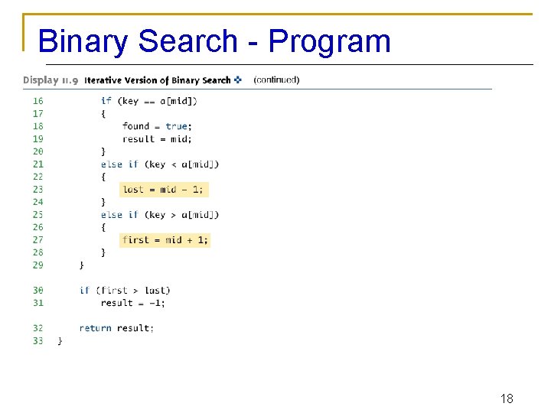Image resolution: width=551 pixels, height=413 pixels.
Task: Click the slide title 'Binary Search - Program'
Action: pyautogui.click(x=214, y=41)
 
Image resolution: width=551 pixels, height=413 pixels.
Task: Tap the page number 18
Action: pyautogui.click(x=506, y=398)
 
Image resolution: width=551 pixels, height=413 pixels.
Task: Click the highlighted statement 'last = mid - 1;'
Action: pyautogui.click(x=163, y=189)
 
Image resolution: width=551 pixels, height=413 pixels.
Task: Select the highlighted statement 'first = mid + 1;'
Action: pyautogui.click(x=165, y=239)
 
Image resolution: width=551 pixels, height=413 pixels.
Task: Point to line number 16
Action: pyautogui.click(x=37, y=100)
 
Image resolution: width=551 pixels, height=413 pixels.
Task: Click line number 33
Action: pyautogui.click(x=37, y=340)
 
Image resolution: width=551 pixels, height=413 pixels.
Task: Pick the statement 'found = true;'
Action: pyautogui.click(x=157, y=126)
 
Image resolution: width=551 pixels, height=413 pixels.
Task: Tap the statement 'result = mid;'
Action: pyautogui.click(x=157, y=138)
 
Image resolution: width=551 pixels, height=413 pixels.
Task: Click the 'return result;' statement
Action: pyautogui.click(x=116, y=328)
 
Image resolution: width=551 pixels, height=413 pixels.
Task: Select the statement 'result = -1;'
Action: pyautogui.click(x=132, y=303)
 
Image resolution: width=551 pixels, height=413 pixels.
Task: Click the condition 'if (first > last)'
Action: pyautogui.click(x=125, y=290)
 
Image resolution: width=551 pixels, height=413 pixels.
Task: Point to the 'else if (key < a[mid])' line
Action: pyautogui.click(x=159, y=164)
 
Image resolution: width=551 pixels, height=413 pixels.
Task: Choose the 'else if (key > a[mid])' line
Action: pyautogui.click(x=159, y=214)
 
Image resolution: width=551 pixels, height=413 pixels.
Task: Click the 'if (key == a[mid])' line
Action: pyautogui.click(x=148, y=100)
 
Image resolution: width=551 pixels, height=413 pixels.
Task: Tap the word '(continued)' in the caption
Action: pyautogui.click(x=276, y=80)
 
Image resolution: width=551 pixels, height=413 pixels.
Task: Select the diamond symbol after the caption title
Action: pyautogui.click(x=238, y=80)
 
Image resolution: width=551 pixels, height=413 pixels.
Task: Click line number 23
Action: pyautogui.click(x=37, y=189)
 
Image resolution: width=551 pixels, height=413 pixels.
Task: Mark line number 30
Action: pyautogui.click(x=37, y=290)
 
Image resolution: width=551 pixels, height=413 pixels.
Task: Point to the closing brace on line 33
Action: pyautogui.click(x=60, y=341)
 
